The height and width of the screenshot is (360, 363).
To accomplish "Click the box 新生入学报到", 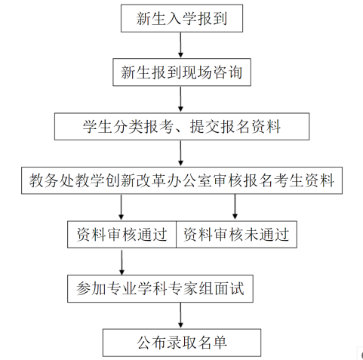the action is (x=182, y=18).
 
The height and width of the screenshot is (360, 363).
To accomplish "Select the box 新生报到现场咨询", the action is (x=182, y=72).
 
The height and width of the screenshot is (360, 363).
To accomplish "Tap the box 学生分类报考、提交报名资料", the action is (x=182, y=126).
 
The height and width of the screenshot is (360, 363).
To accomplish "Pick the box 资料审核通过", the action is (x=122, y=235).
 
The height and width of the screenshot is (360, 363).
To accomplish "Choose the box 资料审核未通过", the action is (x=236, y=235).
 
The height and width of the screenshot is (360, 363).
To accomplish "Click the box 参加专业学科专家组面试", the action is (x=160, y=288).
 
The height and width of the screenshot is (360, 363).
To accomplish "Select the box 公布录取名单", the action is (x=182, y=343).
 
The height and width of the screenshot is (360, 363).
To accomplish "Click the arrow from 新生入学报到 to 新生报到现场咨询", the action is (x=180, y=45).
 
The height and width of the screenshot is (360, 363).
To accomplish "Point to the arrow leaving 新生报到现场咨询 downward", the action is (x=180, y=100).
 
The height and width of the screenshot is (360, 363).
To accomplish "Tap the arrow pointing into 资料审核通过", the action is (x=122, y=208).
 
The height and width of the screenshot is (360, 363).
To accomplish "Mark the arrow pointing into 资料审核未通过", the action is (x=235, y=208).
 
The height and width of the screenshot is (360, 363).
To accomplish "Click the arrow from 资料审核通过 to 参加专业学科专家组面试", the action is (x=122, y=261).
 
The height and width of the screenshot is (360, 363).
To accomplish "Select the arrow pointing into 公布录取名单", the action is (x=180, y=315).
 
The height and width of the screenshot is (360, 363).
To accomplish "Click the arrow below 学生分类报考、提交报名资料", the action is (x=180, y=153).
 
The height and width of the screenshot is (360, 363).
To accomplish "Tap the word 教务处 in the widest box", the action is (x=51, y=180).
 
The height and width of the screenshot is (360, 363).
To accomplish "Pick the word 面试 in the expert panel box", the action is (x=229, y=288).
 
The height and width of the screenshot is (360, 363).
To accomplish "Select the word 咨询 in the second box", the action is (x=228, y=72).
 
